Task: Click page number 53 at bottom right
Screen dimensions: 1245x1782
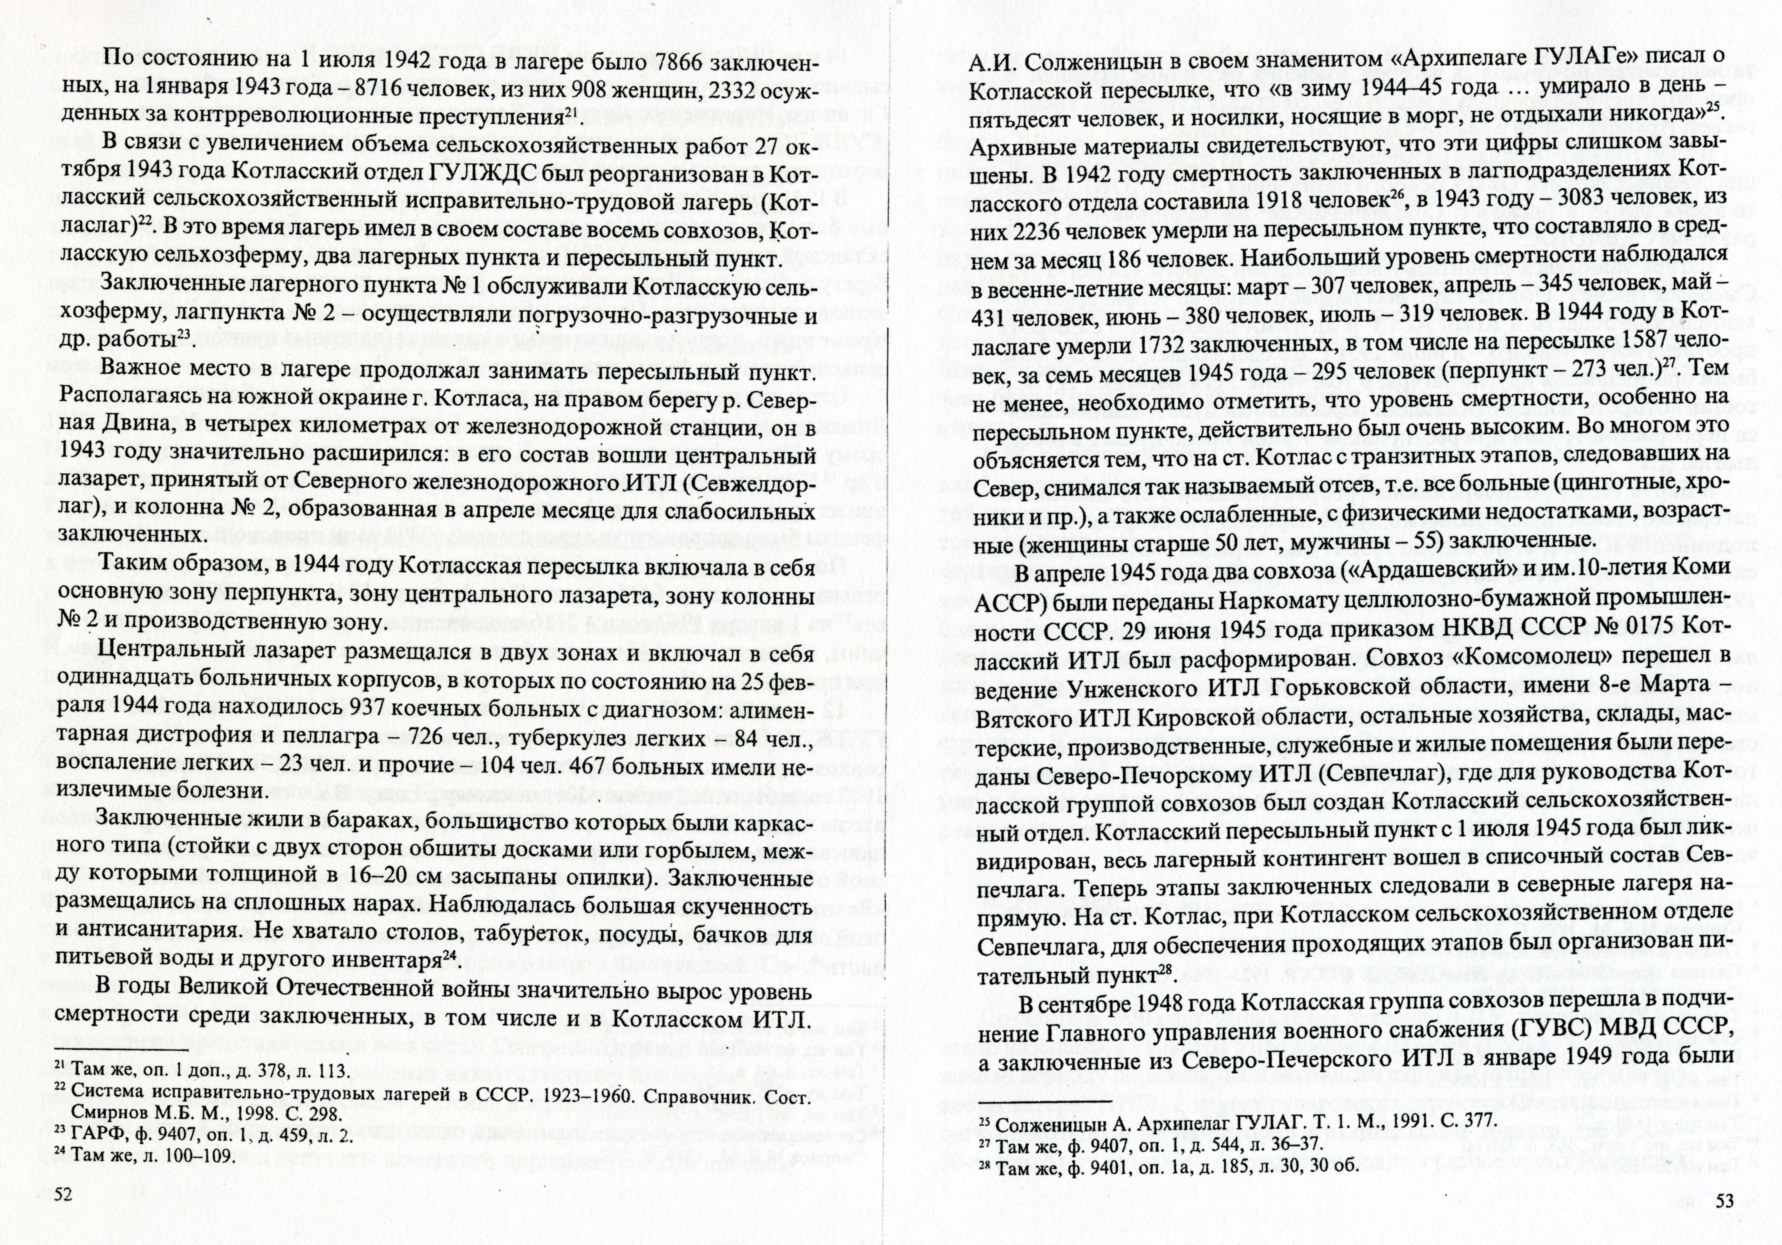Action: (1724, 1223)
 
